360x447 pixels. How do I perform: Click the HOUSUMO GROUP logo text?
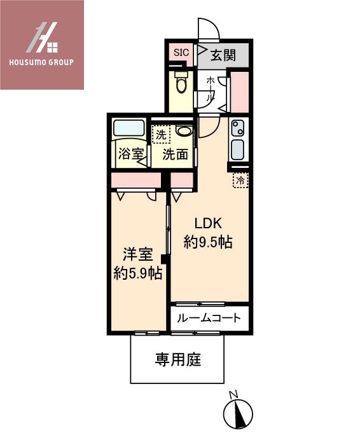(42, 62)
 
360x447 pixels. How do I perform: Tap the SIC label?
(180, 53)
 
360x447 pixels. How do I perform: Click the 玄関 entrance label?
(223, 55)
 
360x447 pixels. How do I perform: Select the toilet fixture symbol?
(181, 83)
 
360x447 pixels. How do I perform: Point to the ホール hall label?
(210, 90)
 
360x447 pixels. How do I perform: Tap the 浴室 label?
(130, 154)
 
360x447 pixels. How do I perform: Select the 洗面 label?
(175, 155)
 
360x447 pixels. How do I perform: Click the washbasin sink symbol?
(184, 132)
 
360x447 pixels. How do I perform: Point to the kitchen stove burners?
(238, 128)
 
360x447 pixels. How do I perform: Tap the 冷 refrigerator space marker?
(240, 181)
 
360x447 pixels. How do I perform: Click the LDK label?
(207, 224)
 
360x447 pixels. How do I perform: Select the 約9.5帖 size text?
(207, 242)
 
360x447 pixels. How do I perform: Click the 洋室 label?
(138, 256)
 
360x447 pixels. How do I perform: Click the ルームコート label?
(209, 317)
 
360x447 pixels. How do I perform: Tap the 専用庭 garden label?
(178, 360)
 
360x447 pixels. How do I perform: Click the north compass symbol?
(237, 413)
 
